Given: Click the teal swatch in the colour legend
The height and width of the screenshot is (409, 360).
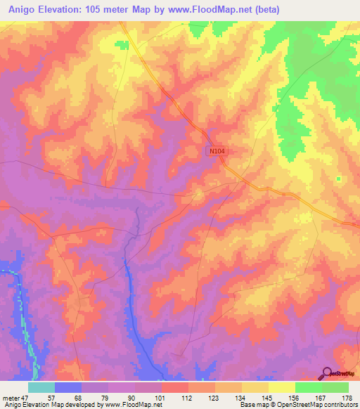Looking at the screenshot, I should tap(41, 387).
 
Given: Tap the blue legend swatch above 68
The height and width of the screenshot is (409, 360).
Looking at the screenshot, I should tap(67, 387).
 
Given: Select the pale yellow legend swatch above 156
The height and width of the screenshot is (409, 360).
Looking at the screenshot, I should tap(281, 387).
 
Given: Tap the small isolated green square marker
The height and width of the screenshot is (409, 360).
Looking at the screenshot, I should tap(338, 178).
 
